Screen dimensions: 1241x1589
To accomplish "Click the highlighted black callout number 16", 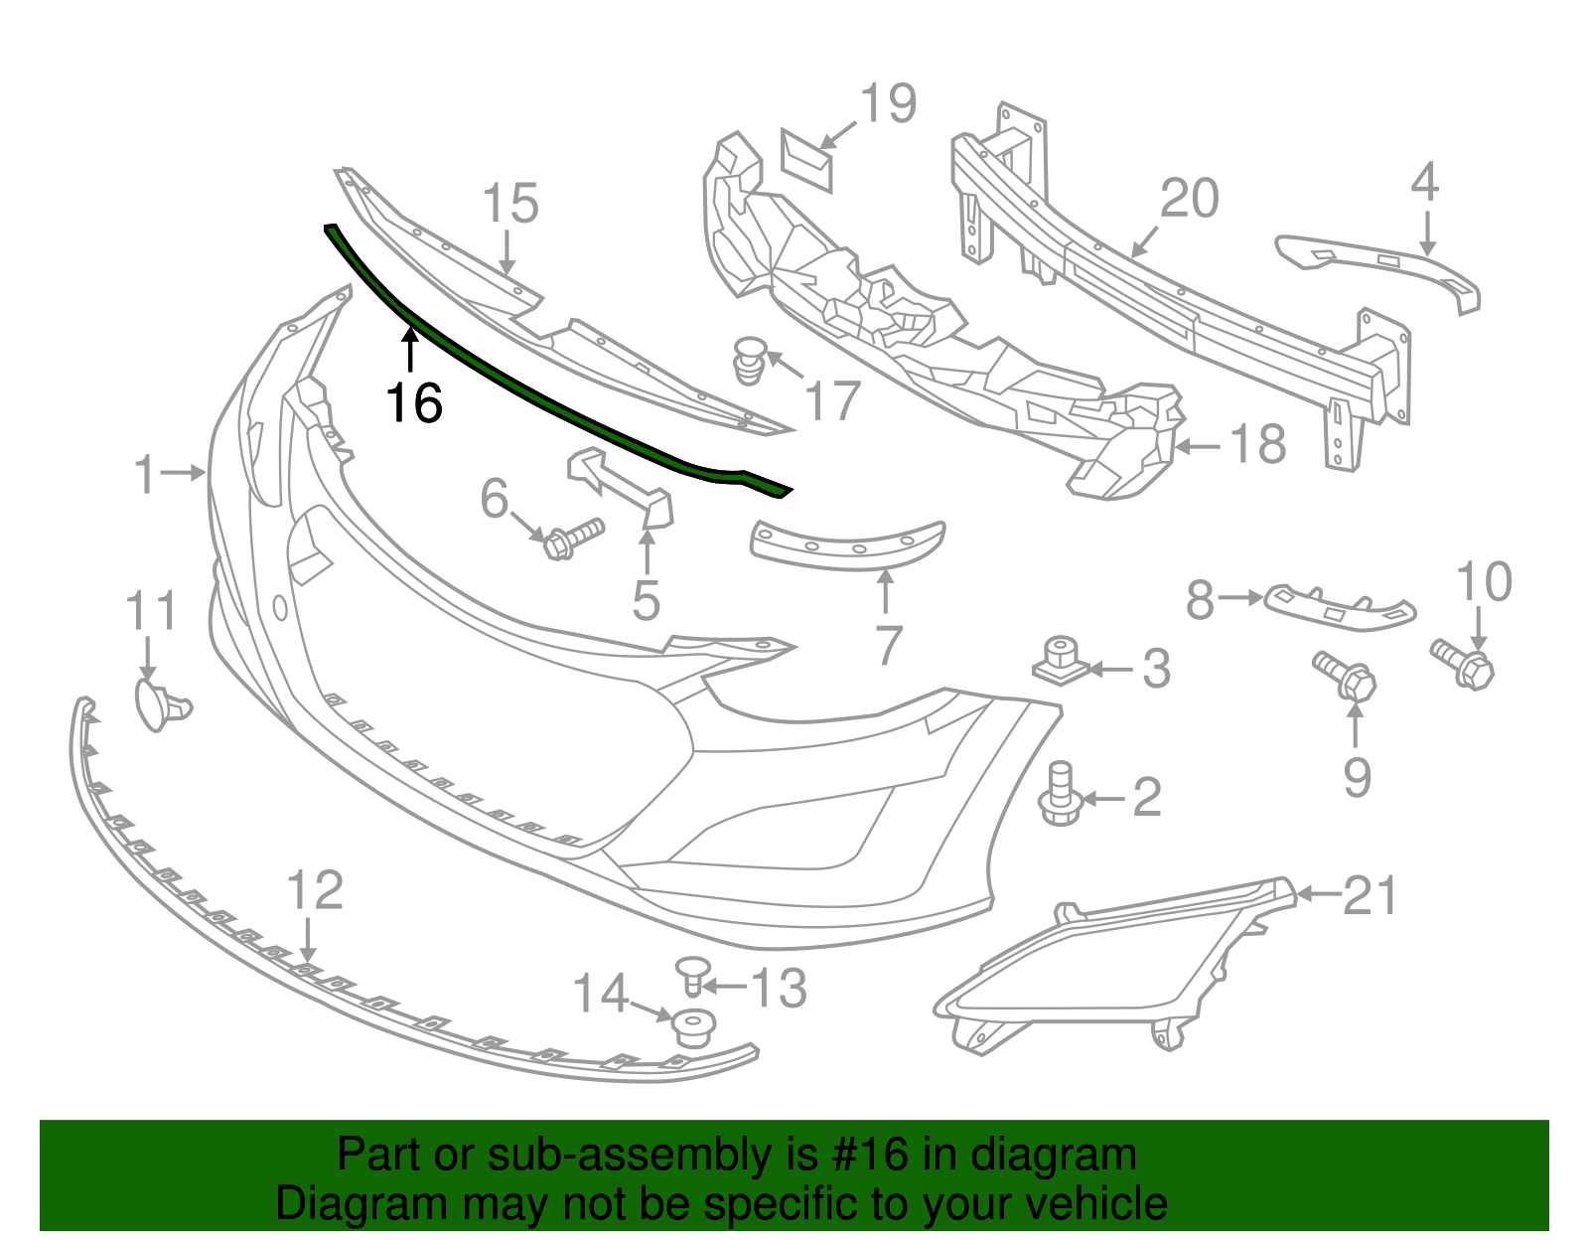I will point(414,402).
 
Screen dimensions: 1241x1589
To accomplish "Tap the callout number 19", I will point(888,104).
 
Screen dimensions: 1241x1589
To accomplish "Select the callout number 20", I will point(1190,199).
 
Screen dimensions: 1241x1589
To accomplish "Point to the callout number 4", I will point(1425,183).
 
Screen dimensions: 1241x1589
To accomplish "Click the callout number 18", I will point(1257,444).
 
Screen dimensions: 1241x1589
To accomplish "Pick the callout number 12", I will point(315,890).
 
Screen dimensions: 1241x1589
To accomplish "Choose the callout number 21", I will point(1370,895).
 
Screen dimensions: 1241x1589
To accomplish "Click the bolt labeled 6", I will point(574,537).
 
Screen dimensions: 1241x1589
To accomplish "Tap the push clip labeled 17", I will point(751,360).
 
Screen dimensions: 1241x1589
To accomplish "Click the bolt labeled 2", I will point(1060,795).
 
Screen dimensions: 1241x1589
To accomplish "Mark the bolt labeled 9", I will point(1346,676).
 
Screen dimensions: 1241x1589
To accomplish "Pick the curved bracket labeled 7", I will point(849,542).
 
